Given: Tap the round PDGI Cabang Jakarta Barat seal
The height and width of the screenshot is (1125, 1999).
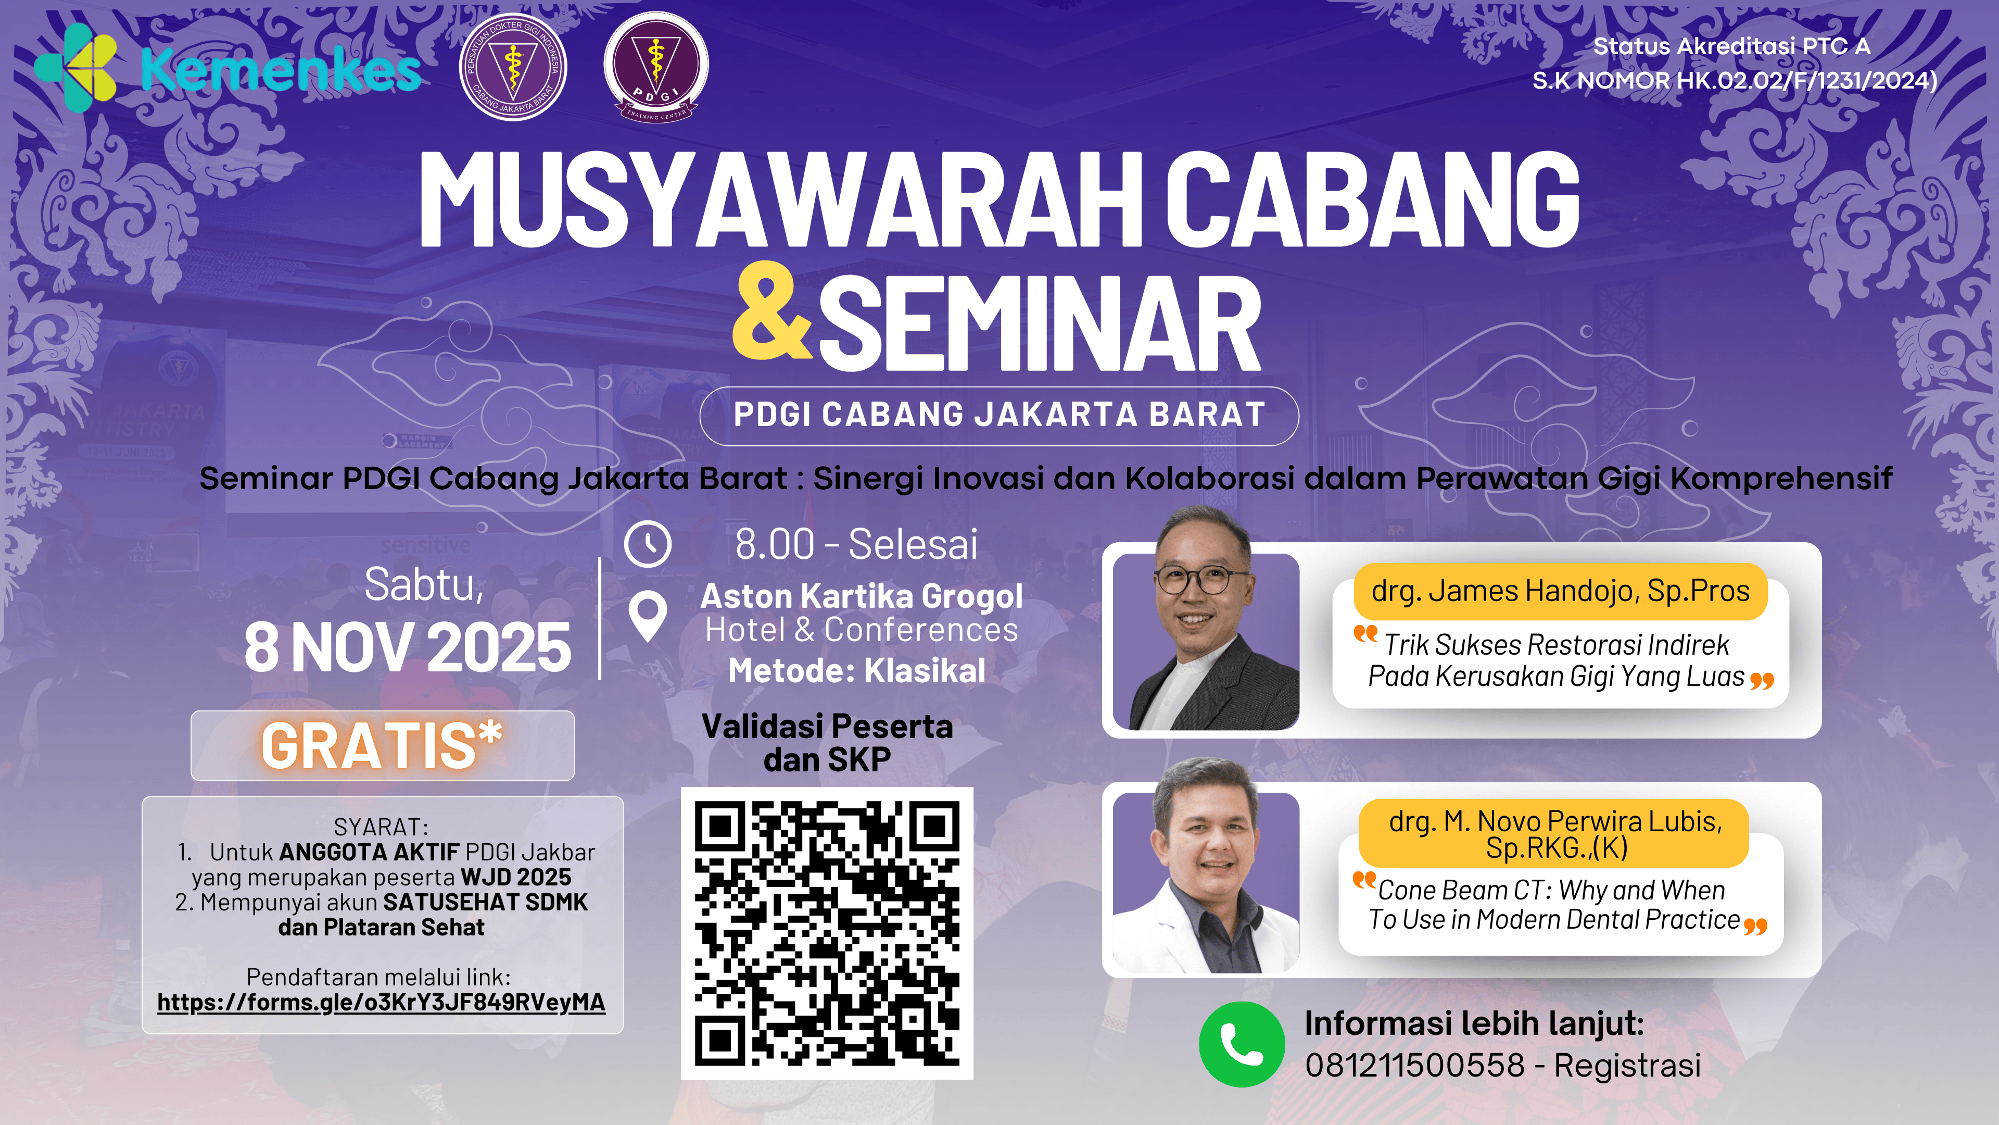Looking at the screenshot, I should pyautogui.click(x=512, y=67).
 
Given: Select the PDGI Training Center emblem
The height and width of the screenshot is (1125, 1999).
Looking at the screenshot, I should pyautogui.click(x=656, y=67).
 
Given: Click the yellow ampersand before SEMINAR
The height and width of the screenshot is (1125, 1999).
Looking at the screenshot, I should pyautogui.click(x=771, y=312).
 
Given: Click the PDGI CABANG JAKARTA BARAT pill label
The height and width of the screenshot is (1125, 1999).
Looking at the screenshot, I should pyautogui.click(x=1000, y=416).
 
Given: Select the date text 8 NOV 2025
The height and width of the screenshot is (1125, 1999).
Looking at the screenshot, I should pyautogui.click(x=408, y=647).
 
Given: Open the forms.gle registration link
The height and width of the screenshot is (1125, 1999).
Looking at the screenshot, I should pyautogui.click(x=381, y=1002).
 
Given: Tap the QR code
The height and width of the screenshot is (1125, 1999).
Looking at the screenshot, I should pyautogui.click(x=827, y=933).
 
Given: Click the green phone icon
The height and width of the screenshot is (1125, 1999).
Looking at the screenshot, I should pyautogui.click(x=1242, y=1044).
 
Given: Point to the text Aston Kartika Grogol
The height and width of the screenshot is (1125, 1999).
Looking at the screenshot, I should pyautogui.click(x=862, y=596).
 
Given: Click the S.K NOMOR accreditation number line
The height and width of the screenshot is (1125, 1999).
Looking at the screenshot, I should pyautogui.click(x=1735, y=81).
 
